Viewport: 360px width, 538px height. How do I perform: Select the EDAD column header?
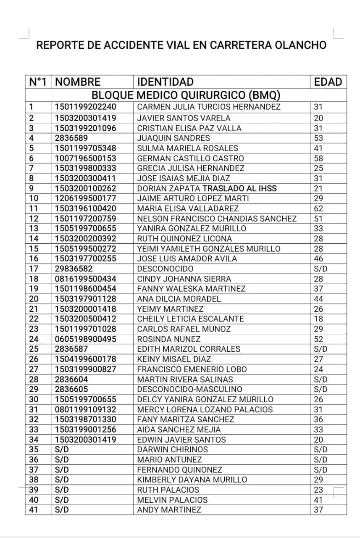(328, 82)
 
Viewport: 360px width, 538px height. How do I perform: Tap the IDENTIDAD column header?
(166, 82)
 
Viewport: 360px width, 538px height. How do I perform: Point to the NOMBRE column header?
(78, 82)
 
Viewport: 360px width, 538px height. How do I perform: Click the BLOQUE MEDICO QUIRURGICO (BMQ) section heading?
(186, 95)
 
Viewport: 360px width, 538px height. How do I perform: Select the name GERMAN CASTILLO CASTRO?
(190, 158)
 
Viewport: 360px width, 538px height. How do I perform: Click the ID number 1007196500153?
(86, 158)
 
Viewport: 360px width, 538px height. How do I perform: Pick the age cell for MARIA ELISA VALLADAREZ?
(318, 208)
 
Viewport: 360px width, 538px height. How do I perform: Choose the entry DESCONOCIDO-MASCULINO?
(189, 389)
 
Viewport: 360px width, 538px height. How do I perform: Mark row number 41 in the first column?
(34, 510)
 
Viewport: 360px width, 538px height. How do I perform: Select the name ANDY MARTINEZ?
(169, 510)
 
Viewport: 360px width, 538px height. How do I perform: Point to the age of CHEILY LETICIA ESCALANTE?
(318, 319)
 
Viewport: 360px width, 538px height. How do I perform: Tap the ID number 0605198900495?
(86, 339)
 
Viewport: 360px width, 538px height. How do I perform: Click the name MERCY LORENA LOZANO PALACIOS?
(205, 409)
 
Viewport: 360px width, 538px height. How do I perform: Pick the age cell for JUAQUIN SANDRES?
(318, 138)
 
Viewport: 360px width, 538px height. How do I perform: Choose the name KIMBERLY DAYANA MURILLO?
(192, 480)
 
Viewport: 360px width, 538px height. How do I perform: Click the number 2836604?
(71, 379)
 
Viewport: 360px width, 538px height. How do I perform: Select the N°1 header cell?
(38, 82)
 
